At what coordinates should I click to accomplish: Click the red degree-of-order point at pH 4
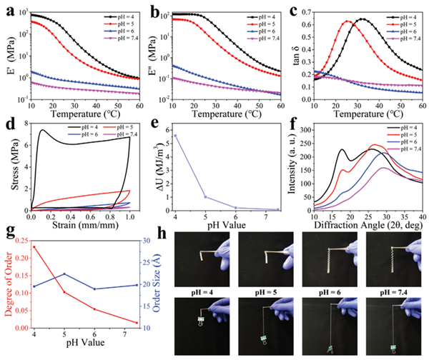pos(34,247)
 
